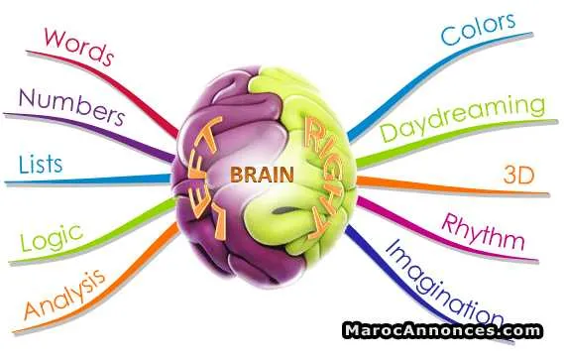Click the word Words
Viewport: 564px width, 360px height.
click(x=79, y=47)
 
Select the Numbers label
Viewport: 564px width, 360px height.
click(x=72, y=107)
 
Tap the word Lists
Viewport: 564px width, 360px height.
click(x=41, y=165)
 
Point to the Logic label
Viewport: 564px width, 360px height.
click(x=52, y=237)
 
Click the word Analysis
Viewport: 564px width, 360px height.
click(x=64, y=295)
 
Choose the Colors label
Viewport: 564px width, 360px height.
click(x=479, y=29)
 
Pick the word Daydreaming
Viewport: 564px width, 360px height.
click(x=463, y=118)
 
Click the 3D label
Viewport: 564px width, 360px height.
click(x=518, y=176)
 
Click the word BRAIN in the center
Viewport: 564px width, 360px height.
click(x=262, y=175)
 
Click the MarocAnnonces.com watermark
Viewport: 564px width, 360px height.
click(x=442, y=330)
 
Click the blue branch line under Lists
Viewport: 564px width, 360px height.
click(x=88, y=180)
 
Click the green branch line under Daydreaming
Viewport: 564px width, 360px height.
click(x=454, y=136)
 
